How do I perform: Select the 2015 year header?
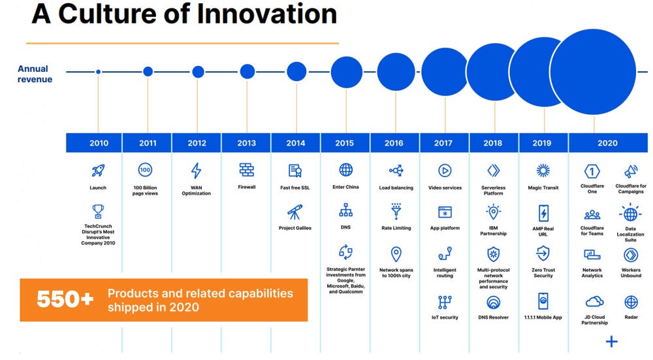pos(345,143)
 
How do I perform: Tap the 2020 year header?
pos(608,143)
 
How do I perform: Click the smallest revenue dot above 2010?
pos(99,72)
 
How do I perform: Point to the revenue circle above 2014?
pos(296,72)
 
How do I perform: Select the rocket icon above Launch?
pos(99,170)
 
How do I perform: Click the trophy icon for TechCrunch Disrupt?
pos(99,211)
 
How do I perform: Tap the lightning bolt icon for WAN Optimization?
pos(196,171)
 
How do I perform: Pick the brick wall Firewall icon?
pos(247,170)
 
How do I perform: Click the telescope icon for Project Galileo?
pos(295,212)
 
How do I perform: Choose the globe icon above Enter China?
pos(345,170)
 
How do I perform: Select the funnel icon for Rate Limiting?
pos(396,211)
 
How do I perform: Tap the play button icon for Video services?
pos(445,171)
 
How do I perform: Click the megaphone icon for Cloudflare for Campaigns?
pos(631,171)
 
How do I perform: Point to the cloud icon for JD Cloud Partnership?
pos(594,301)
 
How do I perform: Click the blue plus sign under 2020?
pos(612,342)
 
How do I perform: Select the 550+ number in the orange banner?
pos(65,299)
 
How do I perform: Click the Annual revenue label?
pos(35,74)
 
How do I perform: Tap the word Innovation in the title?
pos(267,14)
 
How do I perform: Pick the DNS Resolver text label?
pos(494,318)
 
